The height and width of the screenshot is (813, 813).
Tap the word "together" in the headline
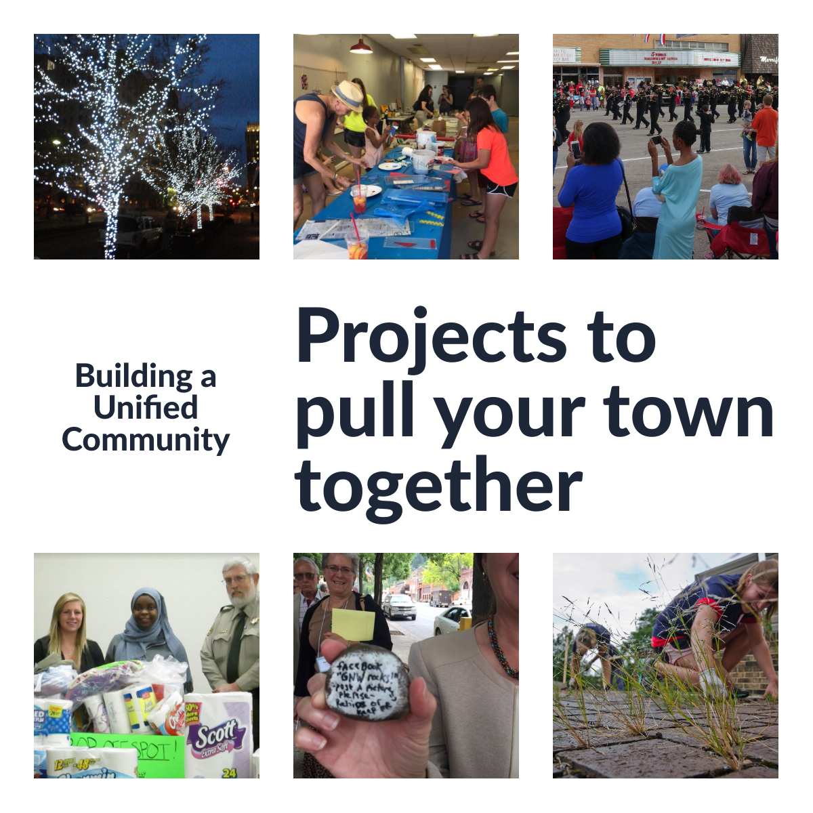point(438,486)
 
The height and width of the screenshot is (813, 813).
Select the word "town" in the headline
point(688,411)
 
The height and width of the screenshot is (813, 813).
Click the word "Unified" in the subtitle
point(146,408)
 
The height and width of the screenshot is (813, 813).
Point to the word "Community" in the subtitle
point(146,440)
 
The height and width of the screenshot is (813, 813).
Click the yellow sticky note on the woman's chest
point(353,624)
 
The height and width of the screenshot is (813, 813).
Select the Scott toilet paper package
point(218,735)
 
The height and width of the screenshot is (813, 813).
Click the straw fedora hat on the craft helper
point(348,96)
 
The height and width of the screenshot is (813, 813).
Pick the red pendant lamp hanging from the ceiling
point(360,47)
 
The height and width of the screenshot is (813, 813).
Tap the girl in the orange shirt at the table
point(492,163)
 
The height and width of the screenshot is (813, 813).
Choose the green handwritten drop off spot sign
point(125,749)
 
